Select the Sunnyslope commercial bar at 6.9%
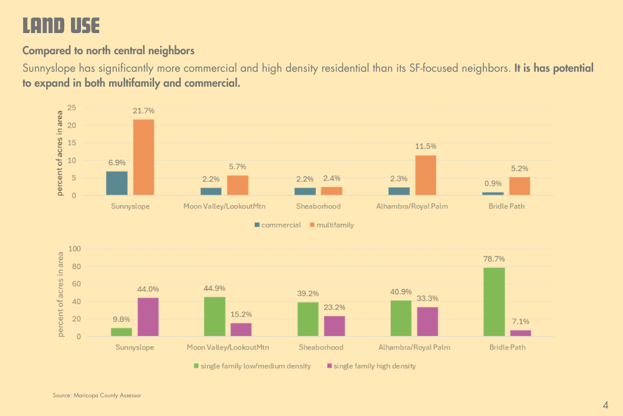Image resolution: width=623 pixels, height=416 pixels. click(x=117, y=183)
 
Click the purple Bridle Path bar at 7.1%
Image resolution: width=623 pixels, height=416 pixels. click(x=521, y=333)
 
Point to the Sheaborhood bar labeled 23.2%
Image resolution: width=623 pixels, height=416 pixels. click(x=335, y=326)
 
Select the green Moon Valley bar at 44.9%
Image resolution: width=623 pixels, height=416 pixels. click(x=214, y=317)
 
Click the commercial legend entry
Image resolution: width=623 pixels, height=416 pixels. click(x=277, y=225)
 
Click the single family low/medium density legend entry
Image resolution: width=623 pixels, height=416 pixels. click(x=252, y=366)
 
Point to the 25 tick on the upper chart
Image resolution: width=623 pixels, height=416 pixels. click(x=72, y=108)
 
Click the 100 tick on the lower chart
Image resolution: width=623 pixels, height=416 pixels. click(x=74, y=249)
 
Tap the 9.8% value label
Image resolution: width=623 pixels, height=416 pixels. click(x=121, y=318)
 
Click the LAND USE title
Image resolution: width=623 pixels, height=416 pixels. click(x=60, y=26)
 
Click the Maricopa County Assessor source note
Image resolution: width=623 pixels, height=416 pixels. click(x=101, y=395)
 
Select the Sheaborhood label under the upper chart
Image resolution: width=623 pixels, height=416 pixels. click(x=318, y=206)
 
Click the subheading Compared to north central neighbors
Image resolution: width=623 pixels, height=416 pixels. click(x=108, y=50)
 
